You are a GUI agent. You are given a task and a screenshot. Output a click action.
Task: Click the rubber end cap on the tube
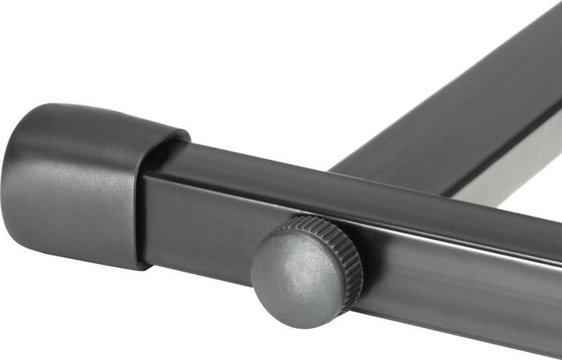[86, 184]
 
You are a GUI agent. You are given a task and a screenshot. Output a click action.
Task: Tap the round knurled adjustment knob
[306, 270]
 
